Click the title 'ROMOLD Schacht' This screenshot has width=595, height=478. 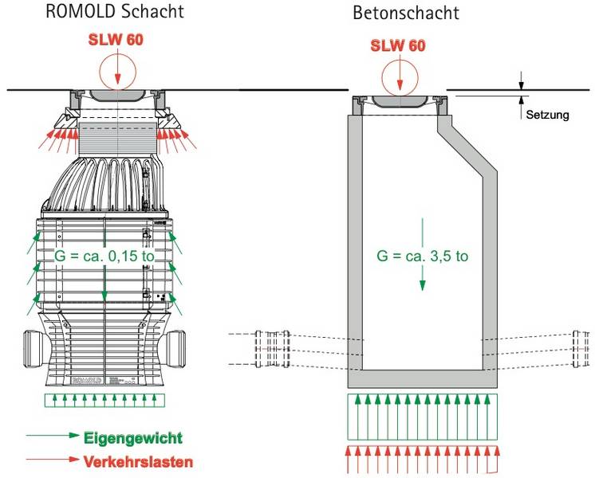[x=115, y=11]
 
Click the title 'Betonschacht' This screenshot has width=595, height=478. [x=406, y=14]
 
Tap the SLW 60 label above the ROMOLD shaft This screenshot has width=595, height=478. [x=116, y=41]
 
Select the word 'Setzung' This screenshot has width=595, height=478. [x=547, y=115]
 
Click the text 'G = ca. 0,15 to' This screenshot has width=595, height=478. [x=104, y=257]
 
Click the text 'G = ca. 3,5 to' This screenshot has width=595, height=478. [x=424, y=257]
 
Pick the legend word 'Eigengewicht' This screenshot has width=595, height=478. [x=133, y=437]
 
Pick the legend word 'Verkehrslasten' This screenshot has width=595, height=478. [x=138, y=460]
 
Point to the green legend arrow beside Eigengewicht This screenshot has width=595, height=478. [x=52, y=437]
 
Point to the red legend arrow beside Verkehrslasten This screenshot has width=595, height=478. [x=52, y=460]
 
